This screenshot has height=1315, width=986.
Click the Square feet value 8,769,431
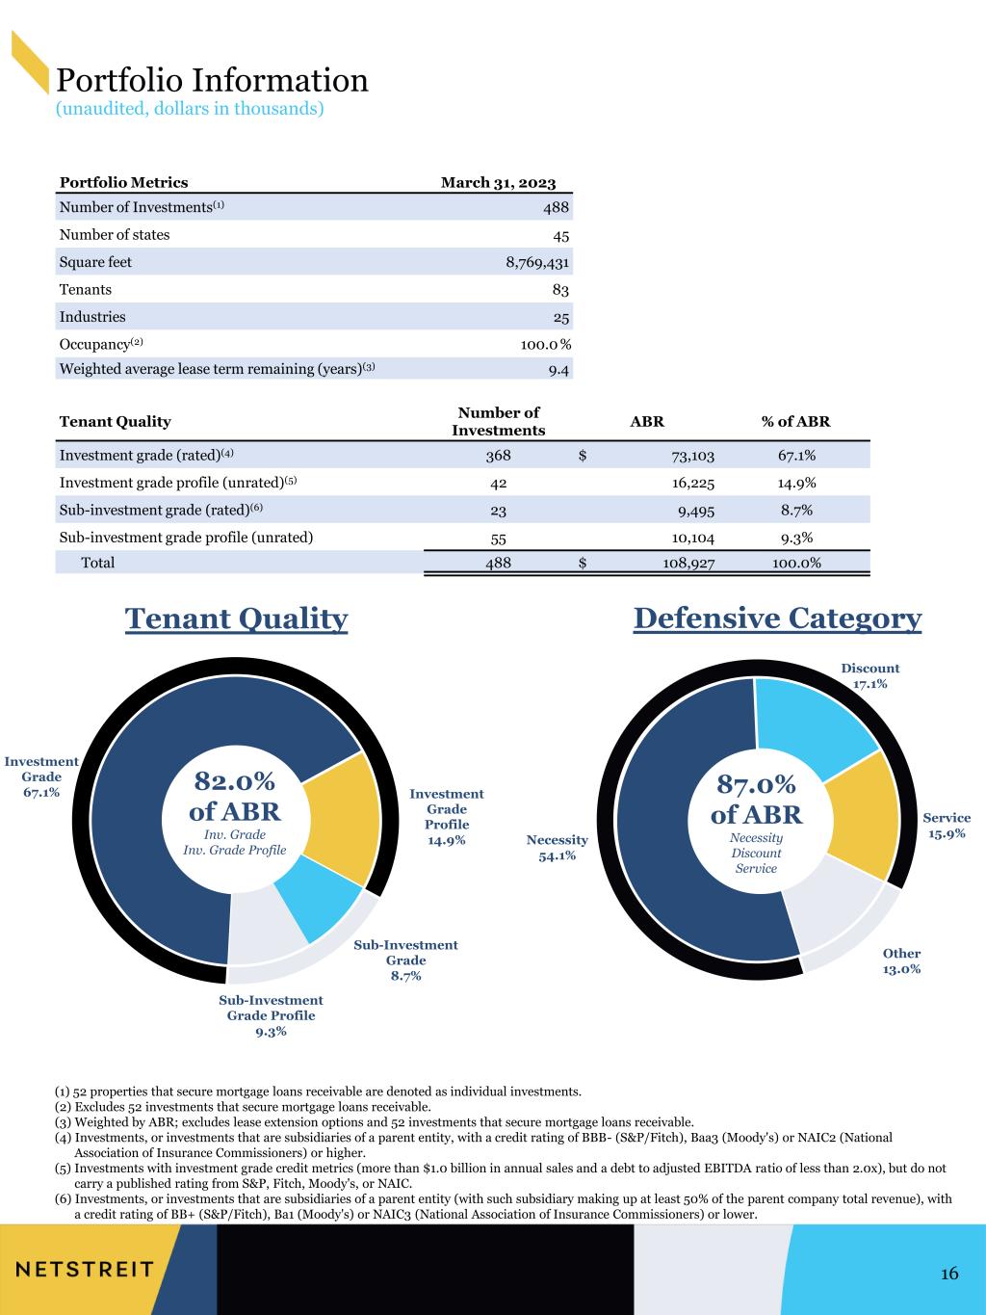(x=537, y=262)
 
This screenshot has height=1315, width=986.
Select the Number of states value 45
(x=561, y=236)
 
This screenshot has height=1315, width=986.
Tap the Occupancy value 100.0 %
(x=545, y=345)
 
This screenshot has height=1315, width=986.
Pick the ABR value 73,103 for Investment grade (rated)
(x=692, y=456)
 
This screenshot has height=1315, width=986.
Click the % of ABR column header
(x=795, y=422)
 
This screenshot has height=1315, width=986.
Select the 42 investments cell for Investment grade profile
(x=498, y=484)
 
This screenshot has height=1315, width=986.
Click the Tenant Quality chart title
(x=236, y=618)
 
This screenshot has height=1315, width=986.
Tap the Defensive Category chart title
(x=778, y=618)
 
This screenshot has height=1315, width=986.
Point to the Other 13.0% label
(x=901, y=960)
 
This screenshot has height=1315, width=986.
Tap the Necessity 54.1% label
(x=557, y=848)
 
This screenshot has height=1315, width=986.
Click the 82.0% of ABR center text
(x=235, y=797)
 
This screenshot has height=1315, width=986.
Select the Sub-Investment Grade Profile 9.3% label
(x=271, y=1015)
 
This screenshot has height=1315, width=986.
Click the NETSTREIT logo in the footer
(x=85, y=1270)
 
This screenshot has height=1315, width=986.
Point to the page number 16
(x=949, y=1273)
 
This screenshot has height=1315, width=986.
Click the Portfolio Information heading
(x=212, y=80)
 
